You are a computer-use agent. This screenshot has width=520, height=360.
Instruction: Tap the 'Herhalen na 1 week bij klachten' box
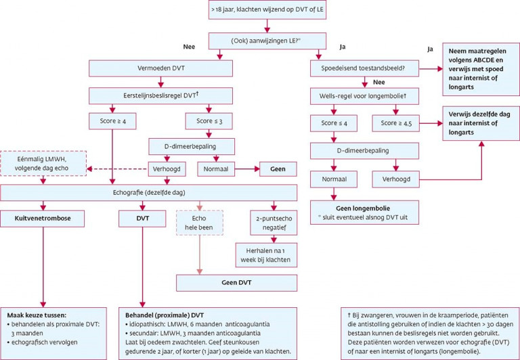pos(274,254)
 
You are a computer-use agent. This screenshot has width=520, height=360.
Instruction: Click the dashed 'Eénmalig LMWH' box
pos(44,162)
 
